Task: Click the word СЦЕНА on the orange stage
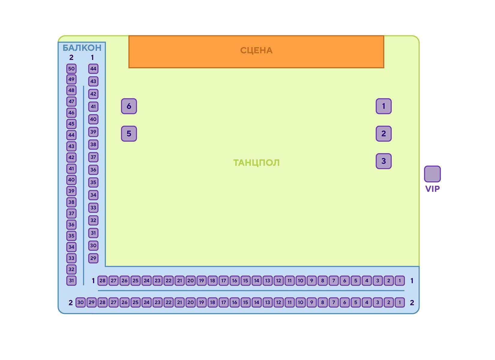point(256,50)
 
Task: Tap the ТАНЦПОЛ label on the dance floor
point(256,163)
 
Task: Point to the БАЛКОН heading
point(82,48)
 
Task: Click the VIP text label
point(432,189)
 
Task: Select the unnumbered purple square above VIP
point(432,174)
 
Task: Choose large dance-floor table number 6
point(129,106)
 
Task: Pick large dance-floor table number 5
point(129,133)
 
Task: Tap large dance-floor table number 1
point(384,106)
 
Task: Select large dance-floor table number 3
point(384,161)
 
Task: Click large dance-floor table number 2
point(384,133)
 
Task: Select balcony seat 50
point(71,69)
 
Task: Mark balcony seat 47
point(71,101)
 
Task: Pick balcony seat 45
point(71,124)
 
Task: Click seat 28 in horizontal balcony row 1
point(103,281)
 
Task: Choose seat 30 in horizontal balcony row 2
point(81,302)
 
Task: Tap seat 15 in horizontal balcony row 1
point(246,281)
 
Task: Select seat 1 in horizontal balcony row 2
point(400,302)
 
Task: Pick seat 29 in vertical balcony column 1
point(93,258)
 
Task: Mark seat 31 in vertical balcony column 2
point(71,281)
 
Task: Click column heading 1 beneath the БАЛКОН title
point(92,57)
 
